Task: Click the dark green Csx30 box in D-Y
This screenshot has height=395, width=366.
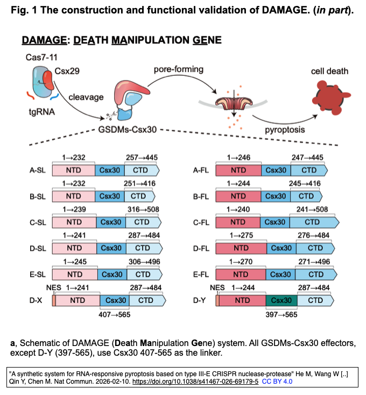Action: (281, 300)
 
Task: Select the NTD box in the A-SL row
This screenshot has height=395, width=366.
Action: (74, 170)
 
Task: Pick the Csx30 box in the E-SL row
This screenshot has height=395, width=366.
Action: (112, 274)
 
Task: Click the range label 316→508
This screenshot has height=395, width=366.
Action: (143, 209)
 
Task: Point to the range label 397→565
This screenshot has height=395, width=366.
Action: (281, 315)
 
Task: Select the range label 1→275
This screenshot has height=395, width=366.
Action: (241, 235)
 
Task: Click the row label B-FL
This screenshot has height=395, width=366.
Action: (201, 196)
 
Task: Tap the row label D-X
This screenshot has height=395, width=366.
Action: (36, 300)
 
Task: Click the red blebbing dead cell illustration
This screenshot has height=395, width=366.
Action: (330, 97)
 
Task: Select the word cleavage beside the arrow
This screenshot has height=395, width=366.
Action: (86, 97)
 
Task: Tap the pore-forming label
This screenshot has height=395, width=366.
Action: (179, 69)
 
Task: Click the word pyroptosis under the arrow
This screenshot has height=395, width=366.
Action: (285, 130)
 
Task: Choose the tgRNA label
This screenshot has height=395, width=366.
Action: (42, 111)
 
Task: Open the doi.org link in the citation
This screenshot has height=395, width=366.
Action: (195, 382)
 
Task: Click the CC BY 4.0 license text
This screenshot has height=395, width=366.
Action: (277, 382)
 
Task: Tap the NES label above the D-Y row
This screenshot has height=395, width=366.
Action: (217, 287)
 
